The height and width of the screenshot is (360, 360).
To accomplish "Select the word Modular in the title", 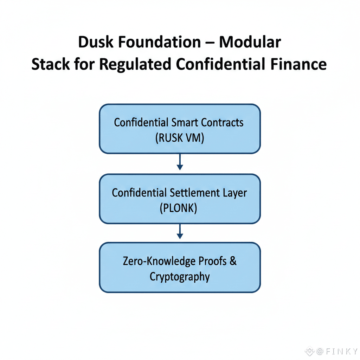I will pos(250,43).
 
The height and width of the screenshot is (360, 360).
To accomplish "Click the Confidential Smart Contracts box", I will pos(180,129).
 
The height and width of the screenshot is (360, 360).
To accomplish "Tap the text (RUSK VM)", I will pos(180,137).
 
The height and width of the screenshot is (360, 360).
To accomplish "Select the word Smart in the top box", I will pos(185,122).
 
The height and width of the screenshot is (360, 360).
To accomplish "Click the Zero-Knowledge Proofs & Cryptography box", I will pos(180,268).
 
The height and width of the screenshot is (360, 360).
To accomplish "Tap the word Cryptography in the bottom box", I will pos(180,277).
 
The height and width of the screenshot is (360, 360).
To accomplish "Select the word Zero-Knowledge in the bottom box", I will pos(158,261).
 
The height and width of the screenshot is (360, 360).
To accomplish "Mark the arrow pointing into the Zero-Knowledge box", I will pos(180,232).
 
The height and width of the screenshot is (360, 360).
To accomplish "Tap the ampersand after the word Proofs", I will pos(232,261).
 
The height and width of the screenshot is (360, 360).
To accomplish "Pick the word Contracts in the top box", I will pos(222,122).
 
